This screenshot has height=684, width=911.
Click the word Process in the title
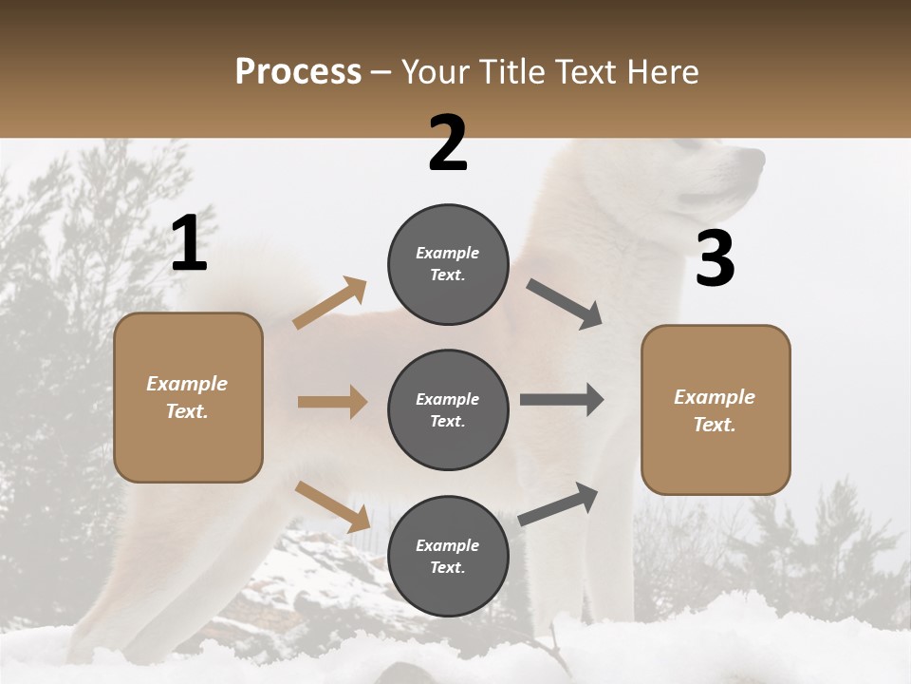click(x=298, y=71)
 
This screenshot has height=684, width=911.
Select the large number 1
click(x=189, y=244)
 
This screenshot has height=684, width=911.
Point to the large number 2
click(x=448, y=144)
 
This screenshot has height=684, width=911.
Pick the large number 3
click(x=715, y=259)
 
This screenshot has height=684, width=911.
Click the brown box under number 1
click(x=188, y=397)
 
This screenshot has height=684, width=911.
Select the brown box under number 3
click(x=716, y=410)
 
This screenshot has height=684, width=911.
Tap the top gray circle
click(x=448, y=264)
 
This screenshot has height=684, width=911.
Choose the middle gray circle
click(x=448, y=409)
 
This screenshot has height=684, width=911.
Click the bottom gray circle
click(x=448, y=556)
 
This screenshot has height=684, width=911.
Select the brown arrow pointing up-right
click(x=330, y=303)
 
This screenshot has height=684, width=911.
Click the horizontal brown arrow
click(x=332, y=402)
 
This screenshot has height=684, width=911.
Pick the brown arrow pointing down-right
click(x=332, y=506)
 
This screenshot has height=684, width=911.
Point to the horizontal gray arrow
click(x=562, y=399)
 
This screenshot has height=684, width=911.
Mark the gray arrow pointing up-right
click(x=558, y=503)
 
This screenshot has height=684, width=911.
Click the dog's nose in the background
click(x=758, y=157)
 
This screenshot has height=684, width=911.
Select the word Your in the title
click(x=436, y=71)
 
